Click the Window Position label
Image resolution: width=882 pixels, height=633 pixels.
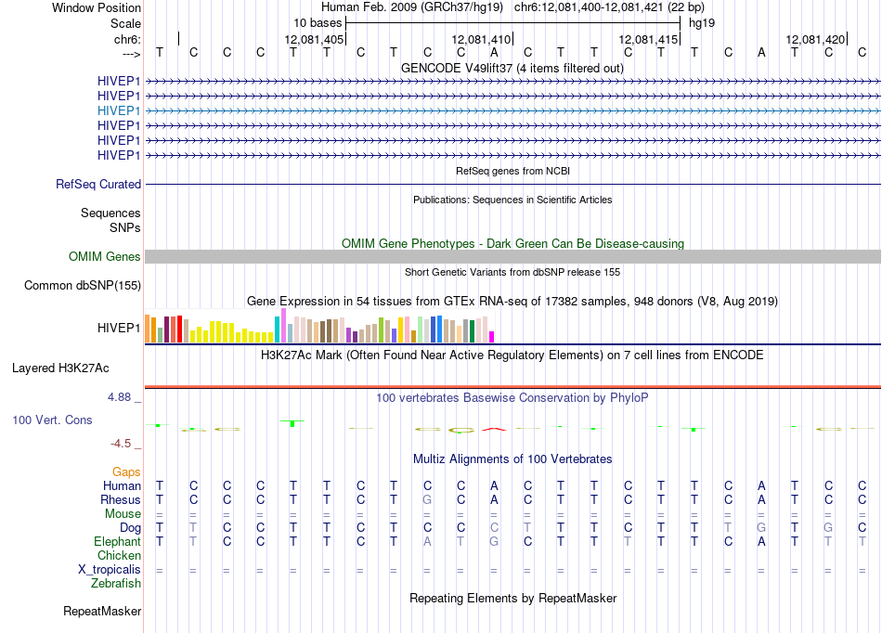(x=97, y=7)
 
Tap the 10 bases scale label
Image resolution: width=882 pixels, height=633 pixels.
(x=318, y=23)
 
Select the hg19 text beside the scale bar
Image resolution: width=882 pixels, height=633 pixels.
(x=702, y=23)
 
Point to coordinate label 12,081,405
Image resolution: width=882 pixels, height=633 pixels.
(x=314, y=39)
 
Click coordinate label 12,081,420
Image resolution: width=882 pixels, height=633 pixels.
(x=816, y=39)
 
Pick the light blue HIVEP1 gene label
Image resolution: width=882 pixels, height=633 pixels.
(x=119, y=110)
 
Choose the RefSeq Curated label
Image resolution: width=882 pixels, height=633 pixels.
(x=98, y=185)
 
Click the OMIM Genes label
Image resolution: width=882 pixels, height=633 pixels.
(x=105, y=257)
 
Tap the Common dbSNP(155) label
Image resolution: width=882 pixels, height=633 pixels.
(x=83, y=286)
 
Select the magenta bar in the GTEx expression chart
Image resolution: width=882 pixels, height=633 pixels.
(x=492, y=337)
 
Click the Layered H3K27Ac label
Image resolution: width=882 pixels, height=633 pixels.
(x=60, y=368)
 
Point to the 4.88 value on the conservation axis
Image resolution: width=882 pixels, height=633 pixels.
(x=119, y=397)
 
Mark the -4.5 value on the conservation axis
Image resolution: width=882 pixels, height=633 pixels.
(x=121, y=444)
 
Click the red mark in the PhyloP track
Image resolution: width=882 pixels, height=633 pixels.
(x=494, y=430)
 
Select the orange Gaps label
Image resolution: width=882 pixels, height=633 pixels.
(x=126, y=472)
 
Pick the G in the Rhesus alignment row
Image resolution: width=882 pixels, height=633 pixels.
(x=427, y=499)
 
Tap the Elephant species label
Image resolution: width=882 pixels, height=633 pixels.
(x=118, y=541)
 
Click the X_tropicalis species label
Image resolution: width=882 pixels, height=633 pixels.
(x=110, y=570)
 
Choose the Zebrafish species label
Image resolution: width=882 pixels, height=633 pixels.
(x=116, y=584)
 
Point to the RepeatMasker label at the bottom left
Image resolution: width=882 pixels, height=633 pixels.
(x=102, y=611)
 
